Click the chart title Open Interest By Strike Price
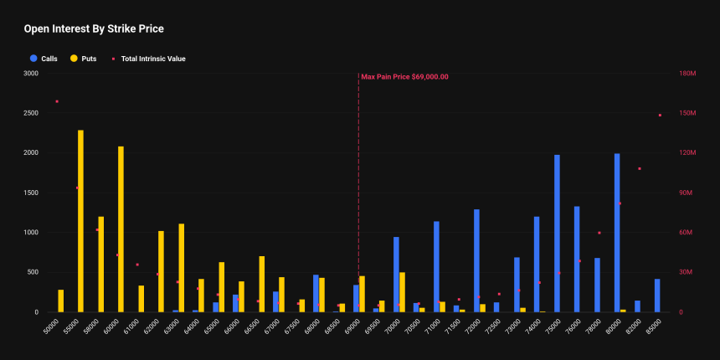(93, 28)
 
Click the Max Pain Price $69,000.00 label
(404, 76)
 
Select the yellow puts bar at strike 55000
(80, 221)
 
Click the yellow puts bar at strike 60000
(121, 229)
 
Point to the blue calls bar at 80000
(617, 233)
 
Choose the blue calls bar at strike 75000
(557, 234)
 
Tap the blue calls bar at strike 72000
(476, 260)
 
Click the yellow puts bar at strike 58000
(101, 265)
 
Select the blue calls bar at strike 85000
(657, 296)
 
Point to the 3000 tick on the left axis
(30, 74)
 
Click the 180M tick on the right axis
(688, 74)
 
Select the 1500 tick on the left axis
(30, 193)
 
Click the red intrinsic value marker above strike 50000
(57, 101)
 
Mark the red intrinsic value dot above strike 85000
(660, 115)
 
